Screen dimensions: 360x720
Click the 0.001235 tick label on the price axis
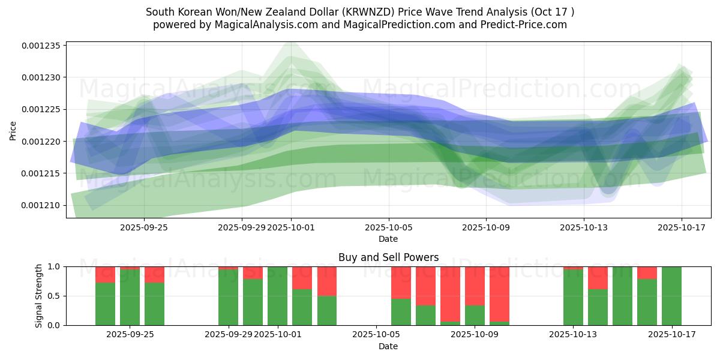coord(43,46)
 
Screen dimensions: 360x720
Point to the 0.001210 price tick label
coord(43,205)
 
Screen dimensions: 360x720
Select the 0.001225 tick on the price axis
coord(43,109)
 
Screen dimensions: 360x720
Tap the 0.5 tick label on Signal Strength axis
coord(53,296)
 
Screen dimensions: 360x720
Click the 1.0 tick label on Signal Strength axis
coord(53,266)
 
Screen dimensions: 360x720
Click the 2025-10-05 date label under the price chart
coord(388,227)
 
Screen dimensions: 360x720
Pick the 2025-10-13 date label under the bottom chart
coord(573,334)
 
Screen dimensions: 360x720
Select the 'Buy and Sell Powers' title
coord(388,257)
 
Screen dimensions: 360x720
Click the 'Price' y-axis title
coord(13,130)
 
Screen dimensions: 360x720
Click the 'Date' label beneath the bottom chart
coord(388,346)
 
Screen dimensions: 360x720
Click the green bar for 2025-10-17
coord(671,296)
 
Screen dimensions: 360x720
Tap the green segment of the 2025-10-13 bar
coord(573,297)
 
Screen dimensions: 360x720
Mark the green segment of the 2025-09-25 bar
coord(154,304)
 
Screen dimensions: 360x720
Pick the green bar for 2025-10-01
coord(277,296)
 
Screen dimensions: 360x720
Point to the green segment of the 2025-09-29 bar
coord(228,297)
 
